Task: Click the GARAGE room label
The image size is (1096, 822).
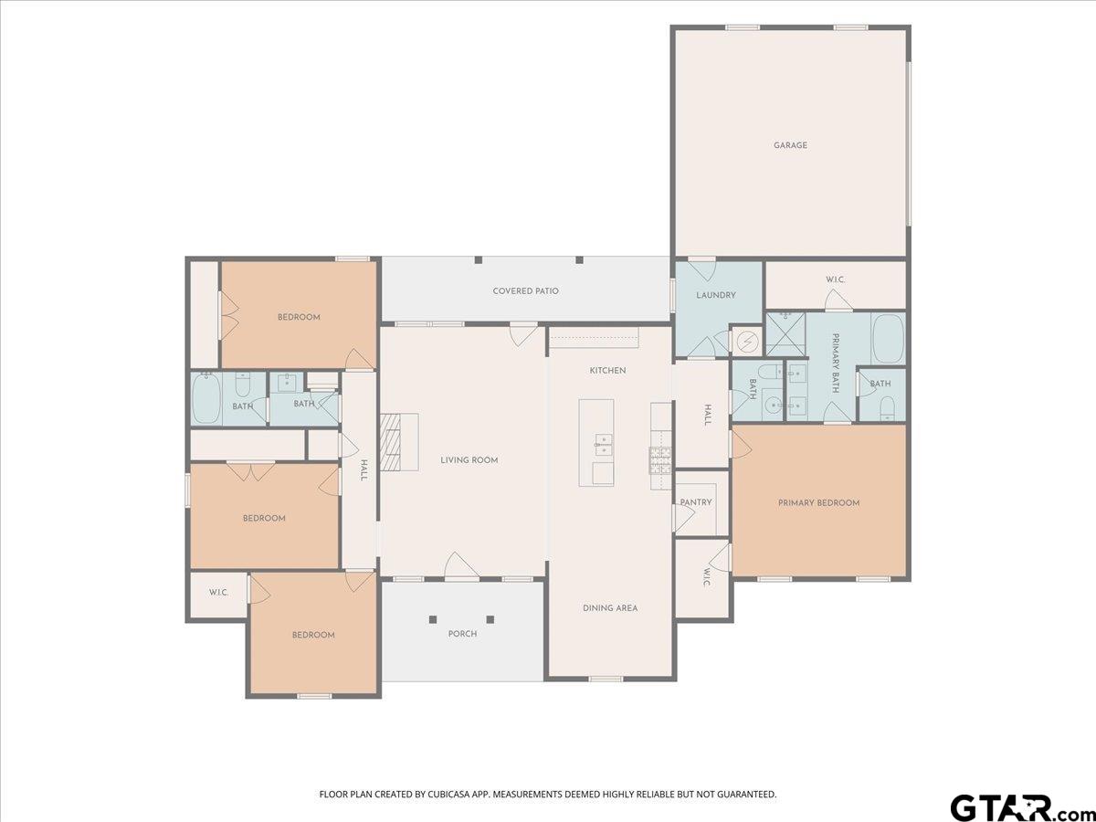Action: point(790,145)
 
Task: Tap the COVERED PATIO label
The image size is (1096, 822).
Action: point(525,291)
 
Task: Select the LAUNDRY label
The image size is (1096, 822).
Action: point(715,295)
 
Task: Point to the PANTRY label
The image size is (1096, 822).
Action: point(696,502)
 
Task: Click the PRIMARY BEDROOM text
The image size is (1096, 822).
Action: point(819,502)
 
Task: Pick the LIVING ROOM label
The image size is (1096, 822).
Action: point(469,460)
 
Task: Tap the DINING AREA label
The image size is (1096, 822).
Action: point(610,608)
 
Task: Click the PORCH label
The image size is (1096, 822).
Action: point(462,633)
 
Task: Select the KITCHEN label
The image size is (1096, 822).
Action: point(607,370)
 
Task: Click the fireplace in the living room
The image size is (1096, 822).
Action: point(399,442)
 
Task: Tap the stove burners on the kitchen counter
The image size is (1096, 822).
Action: point(660,460)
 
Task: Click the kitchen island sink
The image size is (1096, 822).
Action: point(603,445)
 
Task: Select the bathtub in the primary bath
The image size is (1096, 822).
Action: point(888,338)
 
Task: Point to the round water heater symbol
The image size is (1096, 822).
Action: point(747,342)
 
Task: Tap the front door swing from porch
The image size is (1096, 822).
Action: point(461,566)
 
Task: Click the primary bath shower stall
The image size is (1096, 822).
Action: point(785,334)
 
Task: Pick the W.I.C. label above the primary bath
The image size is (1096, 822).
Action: point(836,279)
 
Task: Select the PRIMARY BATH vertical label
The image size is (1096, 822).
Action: point(835,363)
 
